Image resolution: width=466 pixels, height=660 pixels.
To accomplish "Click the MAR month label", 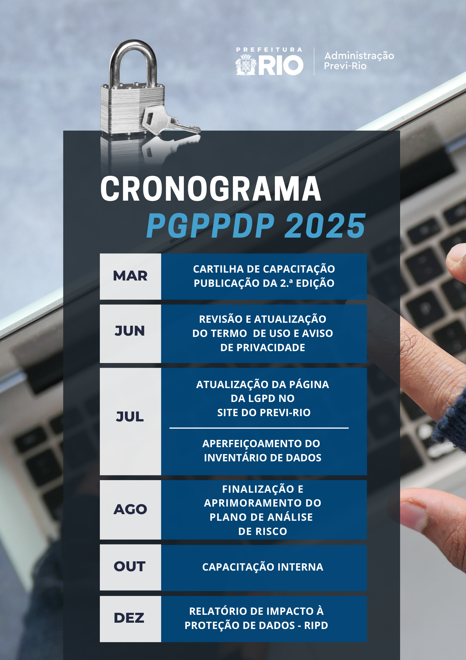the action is tap(130, 276).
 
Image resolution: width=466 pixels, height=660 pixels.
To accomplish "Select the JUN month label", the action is tap(130, 331).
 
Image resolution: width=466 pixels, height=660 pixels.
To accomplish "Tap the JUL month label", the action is tap(130, 416).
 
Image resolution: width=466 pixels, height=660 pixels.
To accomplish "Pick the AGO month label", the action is tap(130, 509).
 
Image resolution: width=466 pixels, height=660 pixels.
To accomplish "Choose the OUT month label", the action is tap(130, 566).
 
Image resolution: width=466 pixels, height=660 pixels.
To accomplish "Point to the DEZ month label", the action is tap(129, 618).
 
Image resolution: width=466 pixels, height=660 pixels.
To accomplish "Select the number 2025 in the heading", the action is tap(325, 226).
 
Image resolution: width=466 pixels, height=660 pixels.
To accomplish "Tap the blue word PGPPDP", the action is tap(210, 226).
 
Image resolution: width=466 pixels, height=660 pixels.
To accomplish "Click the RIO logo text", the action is tap(281, 65).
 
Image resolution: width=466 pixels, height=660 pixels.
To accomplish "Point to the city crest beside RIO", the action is tap(246, 65).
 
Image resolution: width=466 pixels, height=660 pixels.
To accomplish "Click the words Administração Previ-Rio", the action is tap(359, 61).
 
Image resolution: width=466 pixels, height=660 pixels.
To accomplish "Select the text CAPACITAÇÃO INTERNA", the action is tap(263, 567).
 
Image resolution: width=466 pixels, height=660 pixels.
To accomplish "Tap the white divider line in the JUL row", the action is tap(259, 428).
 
